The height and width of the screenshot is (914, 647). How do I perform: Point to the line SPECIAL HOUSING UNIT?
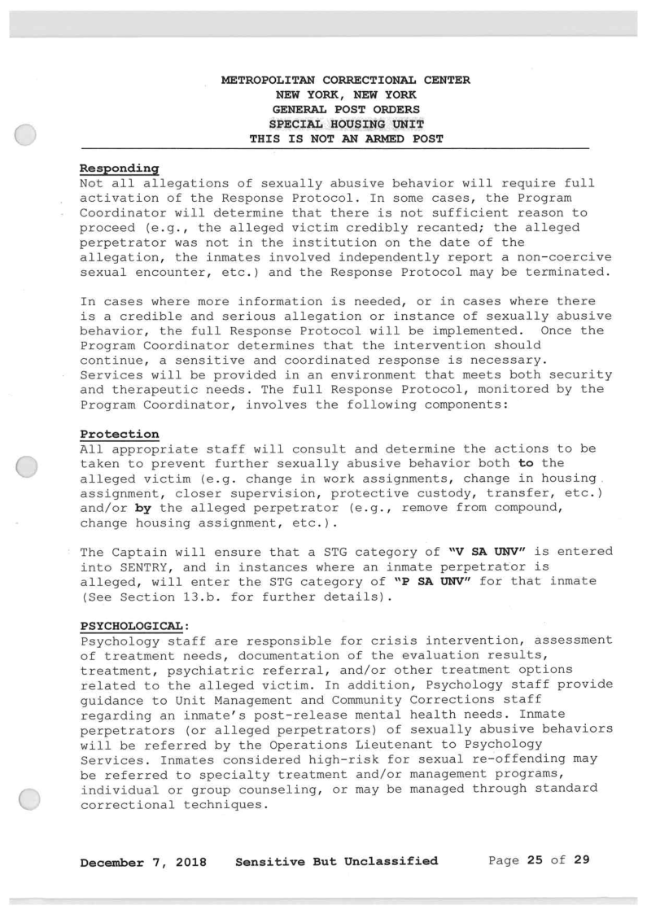click(345, 124)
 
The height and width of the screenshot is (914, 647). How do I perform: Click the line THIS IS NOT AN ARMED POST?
click(346, 138)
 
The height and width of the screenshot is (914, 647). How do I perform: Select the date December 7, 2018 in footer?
click(141, 861)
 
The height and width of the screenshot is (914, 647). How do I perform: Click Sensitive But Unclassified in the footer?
click(335, 861)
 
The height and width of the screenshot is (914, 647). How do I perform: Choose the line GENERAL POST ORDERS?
click(345, 109)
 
